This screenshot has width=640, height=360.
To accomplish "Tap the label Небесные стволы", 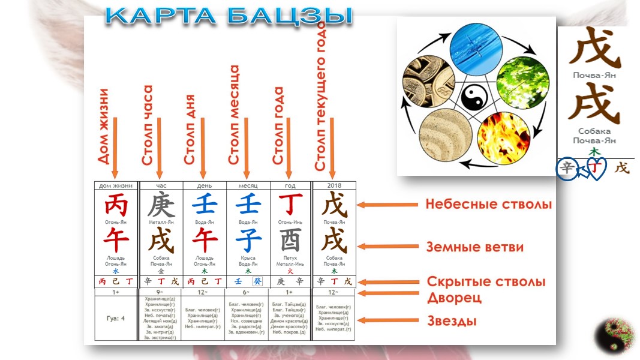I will point(488,205).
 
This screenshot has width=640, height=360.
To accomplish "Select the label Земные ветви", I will point(474,247).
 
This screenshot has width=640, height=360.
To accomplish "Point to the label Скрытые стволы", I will point(486,281).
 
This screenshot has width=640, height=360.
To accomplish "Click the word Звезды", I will point(452,321).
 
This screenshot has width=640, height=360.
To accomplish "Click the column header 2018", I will point(334,186).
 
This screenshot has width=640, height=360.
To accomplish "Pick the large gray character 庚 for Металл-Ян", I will point(160,206).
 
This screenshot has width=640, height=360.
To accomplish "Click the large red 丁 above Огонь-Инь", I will point(290,206).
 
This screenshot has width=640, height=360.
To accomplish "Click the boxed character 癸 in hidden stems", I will point(257,281).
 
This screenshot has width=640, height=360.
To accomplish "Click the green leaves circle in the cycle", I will point(522,76).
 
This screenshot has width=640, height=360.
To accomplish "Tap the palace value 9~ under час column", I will point(160,292).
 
